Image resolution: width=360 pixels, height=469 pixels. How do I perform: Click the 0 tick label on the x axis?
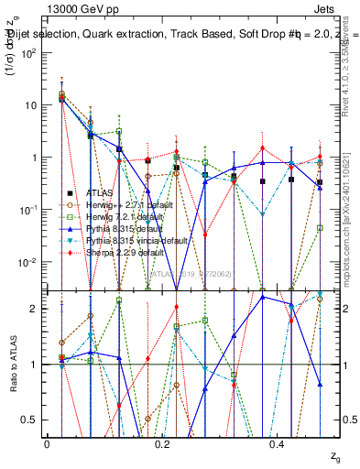[48, 443]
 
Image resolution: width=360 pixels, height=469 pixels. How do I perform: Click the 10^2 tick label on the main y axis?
[30, 52]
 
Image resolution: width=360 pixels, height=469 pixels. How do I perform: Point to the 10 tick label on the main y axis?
[31, 104]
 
